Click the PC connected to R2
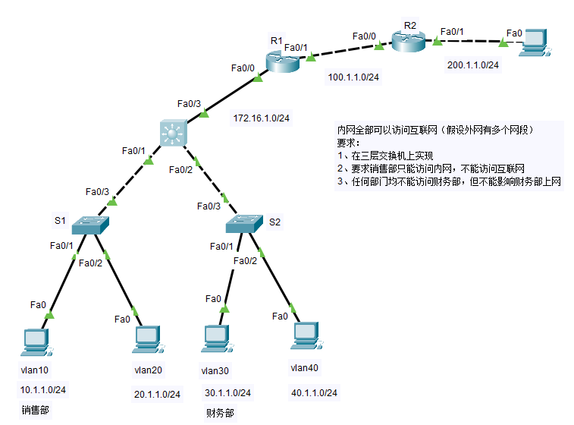(535, 41)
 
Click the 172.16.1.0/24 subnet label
(262, 118)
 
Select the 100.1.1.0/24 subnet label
(353, 77)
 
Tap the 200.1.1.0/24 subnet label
(473, 65)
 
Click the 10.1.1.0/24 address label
(43, 390)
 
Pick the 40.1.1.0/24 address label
(314, 393)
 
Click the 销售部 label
(36, 411)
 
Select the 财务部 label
(220, 414)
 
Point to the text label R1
(276, 40)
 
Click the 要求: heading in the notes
(350, 142)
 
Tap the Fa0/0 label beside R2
(364, 36)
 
